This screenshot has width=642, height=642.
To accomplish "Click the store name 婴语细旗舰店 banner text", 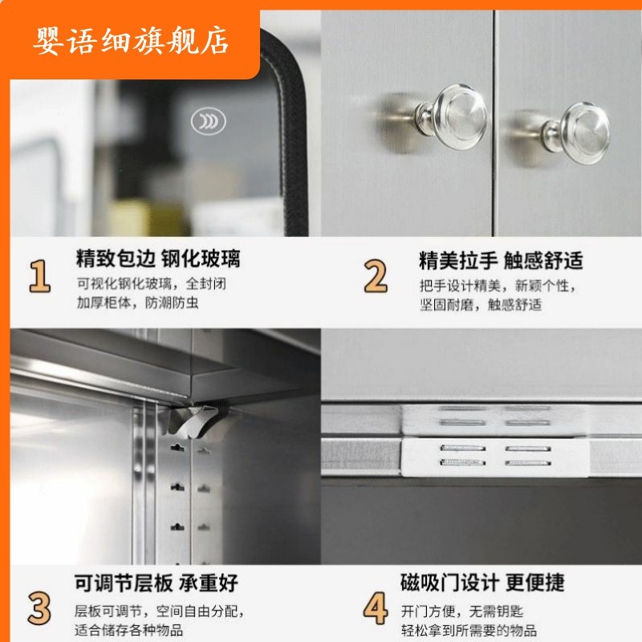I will tap(132, 40).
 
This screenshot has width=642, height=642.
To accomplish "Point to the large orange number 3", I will tap(39, 607).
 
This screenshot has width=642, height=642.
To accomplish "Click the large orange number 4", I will tap(376, 609).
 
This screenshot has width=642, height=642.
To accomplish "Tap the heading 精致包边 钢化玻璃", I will tap(158, 259).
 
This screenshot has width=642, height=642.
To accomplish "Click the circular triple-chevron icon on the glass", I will tap(208, 121).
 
